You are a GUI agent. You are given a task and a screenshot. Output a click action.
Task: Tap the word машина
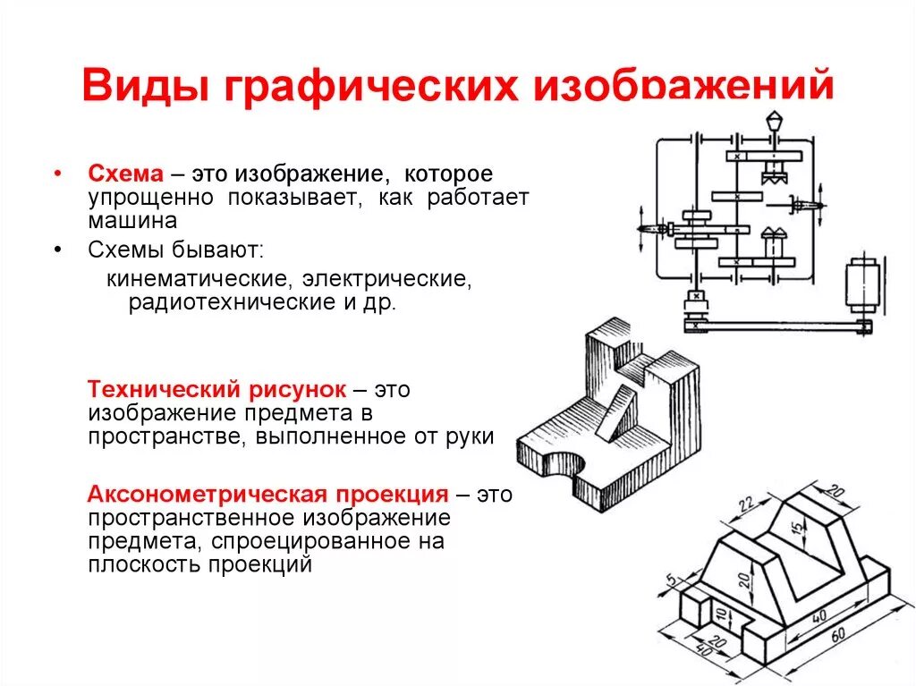pos(132,219)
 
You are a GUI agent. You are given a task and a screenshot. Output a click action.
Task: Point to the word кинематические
pos(197,278)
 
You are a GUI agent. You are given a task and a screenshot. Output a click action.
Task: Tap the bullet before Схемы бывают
pos(58,250)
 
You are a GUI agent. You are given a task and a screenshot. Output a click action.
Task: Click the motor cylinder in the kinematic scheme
pos(866,284)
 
